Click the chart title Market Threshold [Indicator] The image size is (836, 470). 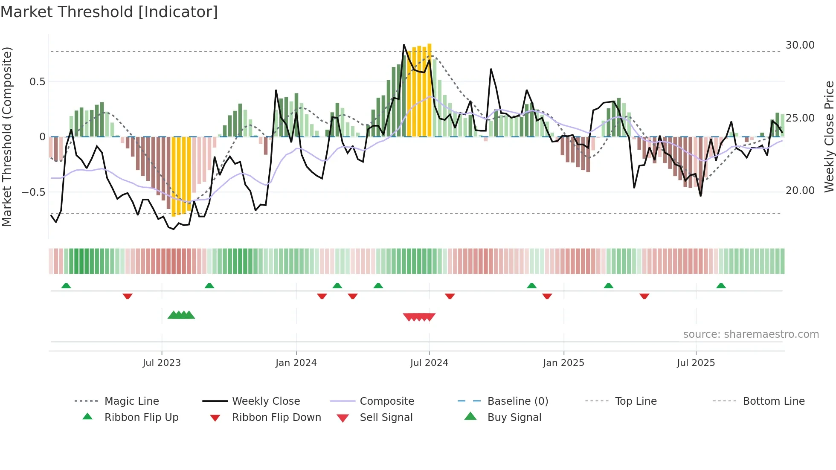(109, 12)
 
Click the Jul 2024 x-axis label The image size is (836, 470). (429, 363)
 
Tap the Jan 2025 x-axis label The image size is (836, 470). (563, 363)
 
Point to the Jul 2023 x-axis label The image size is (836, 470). (162, 363)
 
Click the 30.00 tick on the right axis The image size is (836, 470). (800, 45)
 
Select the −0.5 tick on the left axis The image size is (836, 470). (34, 192)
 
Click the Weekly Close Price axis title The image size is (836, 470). (829, 136)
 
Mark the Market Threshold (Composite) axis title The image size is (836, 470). (7, 136)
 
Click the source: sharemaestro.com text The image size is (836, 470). (751, 334)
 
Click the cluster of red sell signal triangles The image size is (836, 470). (419, 317)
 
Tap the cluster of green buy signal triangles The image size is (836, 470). (181, 315)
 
